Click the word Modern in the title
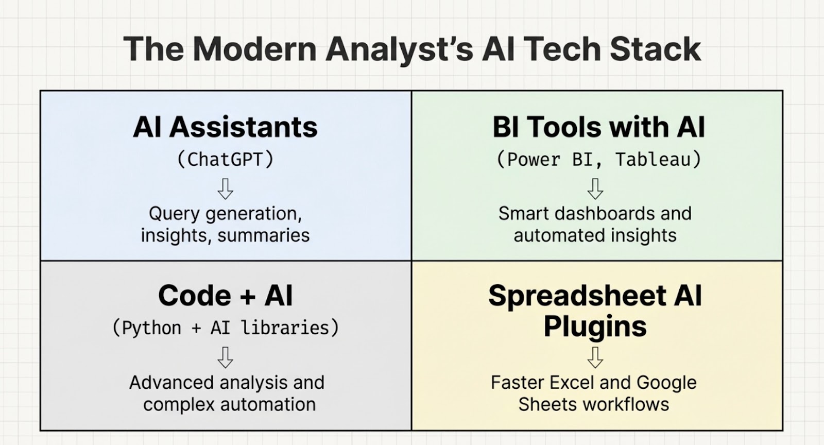(254, 49)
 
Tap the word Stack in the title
(656, 49)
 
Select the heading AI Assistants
(225, 127)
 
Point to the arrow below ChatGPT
(225, 189)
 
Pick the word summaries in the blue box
(263, 235)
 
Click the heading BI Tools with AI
(598, 127)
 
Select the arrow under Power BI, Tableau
(595, 189)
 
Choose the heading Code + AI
(225, 296)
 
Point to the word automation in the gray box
(268, 404)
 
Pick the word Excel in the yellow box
(572, 383)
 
